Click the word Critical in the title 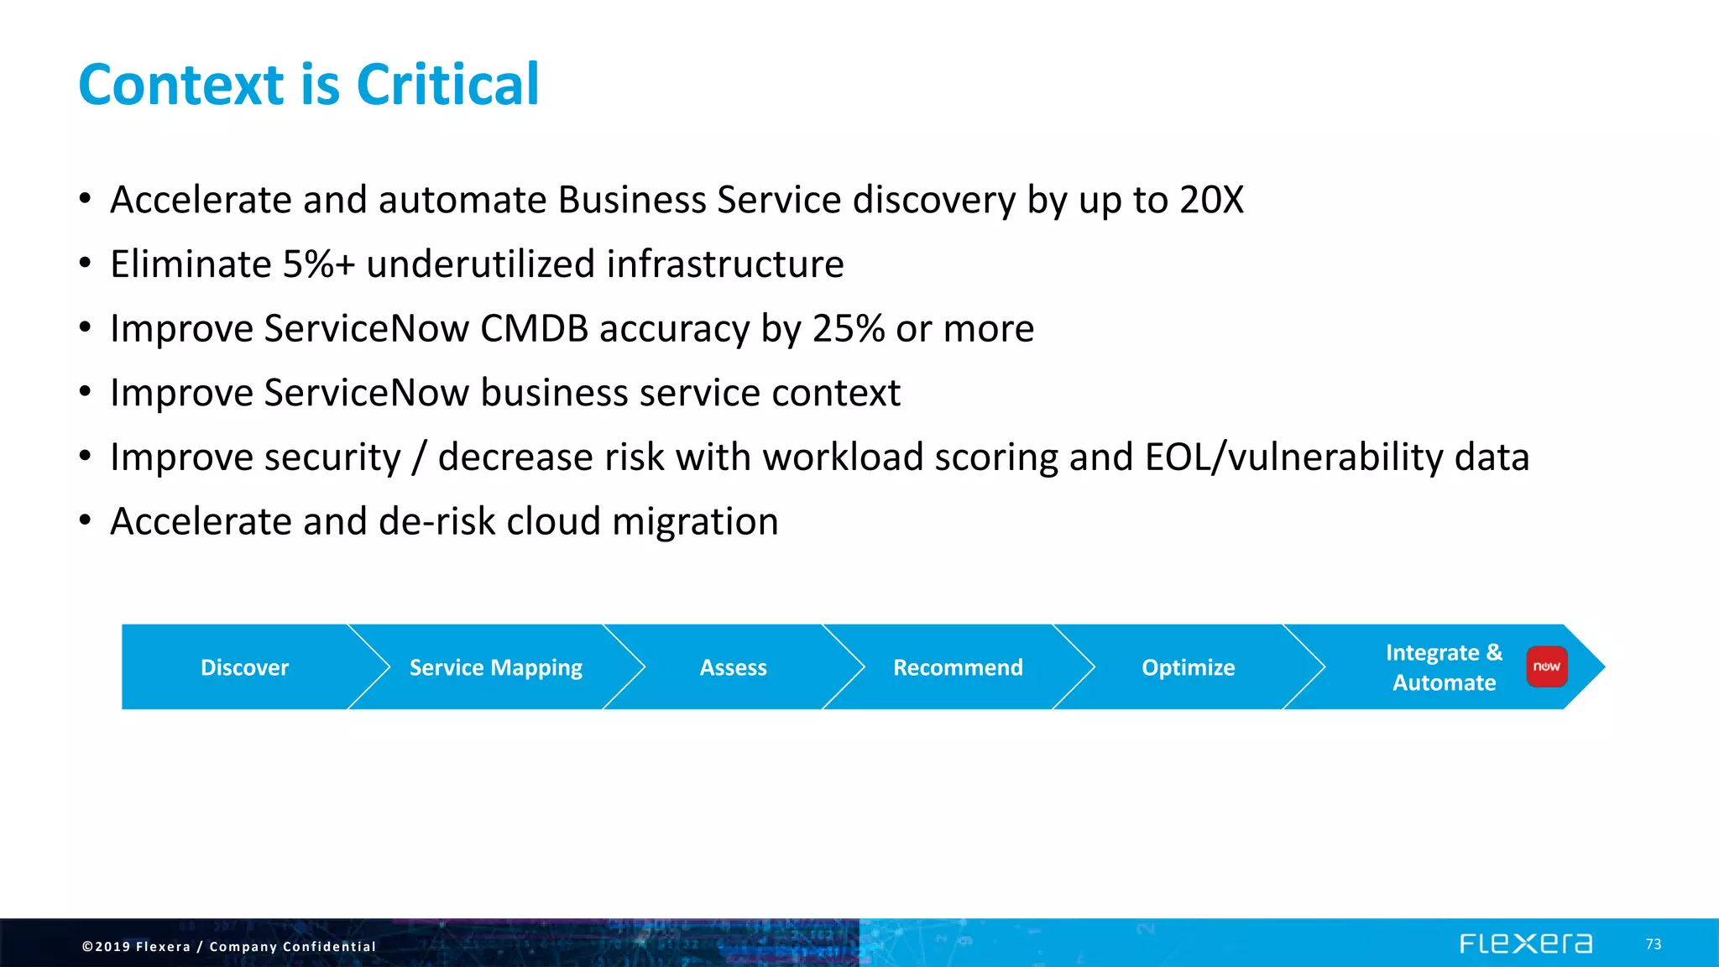(x=447, y=85)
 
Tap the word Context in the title (x=181, y=85)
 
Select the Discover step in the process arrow (x=244, y=667)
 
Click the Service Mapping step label (x=495, y=667)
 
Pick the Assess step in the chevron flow (x=733, y=667)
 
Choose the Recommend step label (x=958, y=667)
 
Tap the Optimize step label (x=1188, y=667)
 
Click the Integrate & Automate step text (x=1444, y=667)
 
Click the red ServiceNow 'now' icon (x=1546, y=666)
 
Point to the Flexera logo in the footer (x=1525, y=943)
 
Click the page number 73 (x=1653, y=944)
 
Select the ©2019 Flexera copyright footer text (x=228, y=946)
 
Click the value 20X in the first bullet (x=1211, y=200)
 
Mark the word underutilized (x=481, y=264)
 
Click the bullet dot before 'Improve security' (x=85, y=456)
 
